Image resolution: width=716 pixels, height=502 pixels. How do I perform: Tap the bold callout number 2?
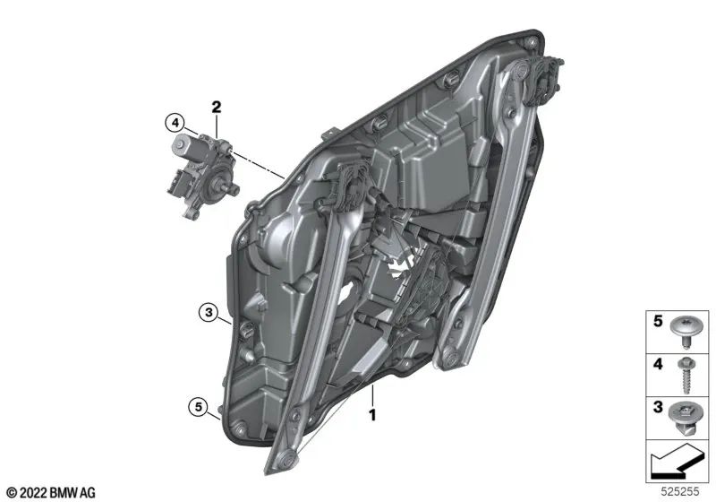pos(216,108)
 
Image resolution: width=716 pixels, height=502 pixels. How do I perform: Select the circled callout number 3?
pos(209,312)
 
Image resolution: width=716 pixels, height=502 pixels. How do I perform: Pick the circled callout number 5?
pos(196,407)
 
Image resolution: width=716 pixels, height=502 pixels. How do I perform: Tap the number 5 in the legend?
pos(657,320)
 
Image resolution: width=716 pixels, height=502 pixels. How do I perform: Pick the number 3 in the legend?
pos(657,409)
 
